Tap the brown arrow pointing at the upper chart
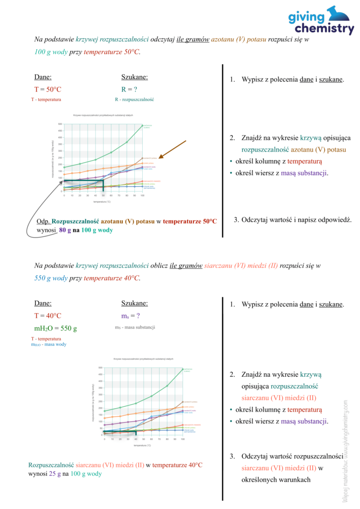(x=172, y=149)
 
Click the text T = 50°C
(x=48, y=89)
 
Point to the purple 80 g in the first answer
(x=66, y=230)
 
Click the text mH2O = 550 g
(x=56, y=329)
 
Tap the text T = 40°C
(x=48, y=316)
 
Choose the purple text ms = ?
(x=131, y=316)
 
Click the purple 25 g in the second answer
(x=55, y=474)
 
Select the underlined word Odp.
(x=43, y=221)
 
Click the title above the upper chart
(x=103, y=115)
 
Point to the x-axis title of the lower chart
(x=143, y=445)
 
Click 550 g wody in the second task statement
(x=51, y=278)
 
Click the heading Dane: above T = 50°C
(x=43, y=77)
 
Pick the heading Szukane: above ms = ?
(x=134, y=303)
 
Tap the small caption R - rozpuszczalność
(x=134, y=99)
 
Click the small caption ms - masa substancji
(x=135, y=327)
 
